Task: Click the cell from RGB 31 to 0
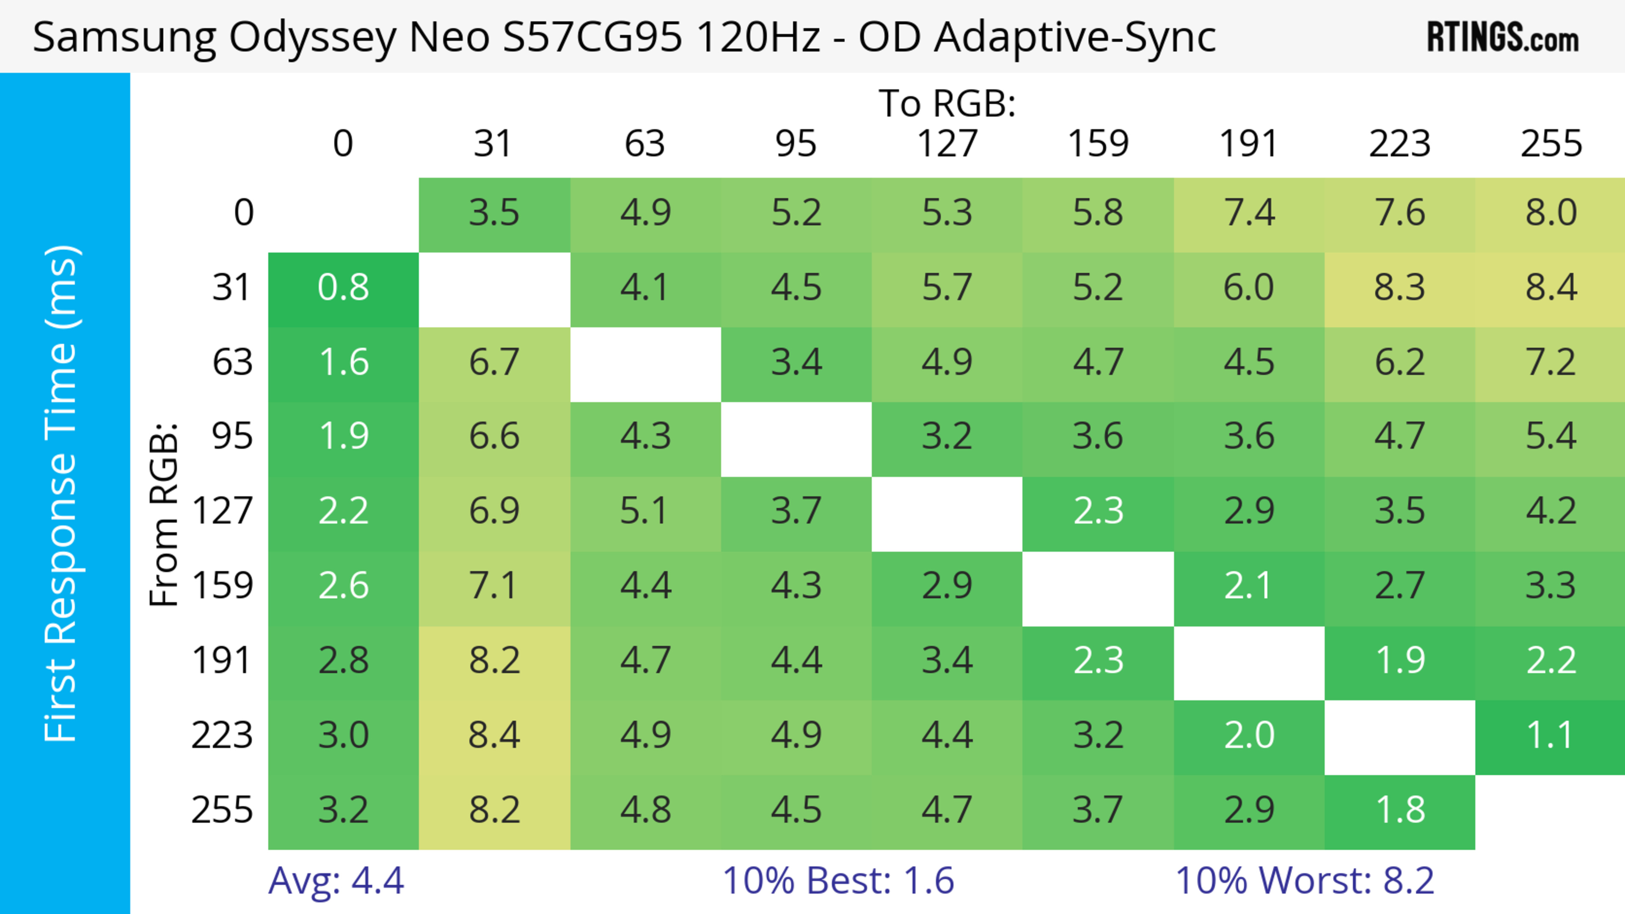click(x=343, y=288)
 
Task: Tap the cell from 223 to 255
click(x=1551, y=736)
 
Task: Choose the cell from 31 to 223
click(x=1400, y=288)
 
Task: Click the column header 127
click(x=947, y=144)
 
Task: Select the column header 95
click(x=796, y=144)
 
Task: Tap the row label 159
click(x=223, y=586)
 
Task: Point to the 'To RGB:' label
click(x=947, y=103)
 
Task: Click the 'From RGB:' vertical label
click(x=164, y=514)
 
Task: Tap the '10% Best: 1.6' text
click(x=838, y=881)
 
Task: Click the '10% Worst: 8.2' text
click(x=1305, y=881)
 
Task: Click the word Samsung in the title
click(x=124, y=37)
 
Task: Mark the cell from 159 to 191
click(x=1249, y=586)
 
